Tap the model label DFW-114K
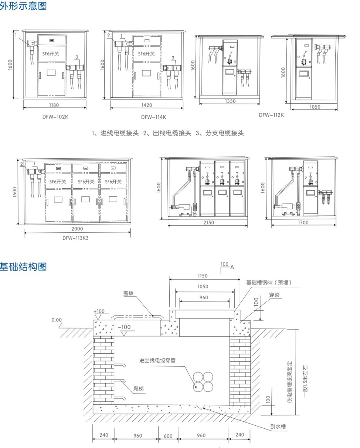[x=153, y=117]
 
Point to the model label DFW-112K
[x=271, y=115]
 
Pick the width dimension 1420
[x=147, y=105]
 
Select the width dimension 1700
[x=302, y=223]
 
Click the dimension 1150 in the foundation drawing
[x=202, y=276]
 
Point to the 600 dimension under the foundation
[x=168, y=436]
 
